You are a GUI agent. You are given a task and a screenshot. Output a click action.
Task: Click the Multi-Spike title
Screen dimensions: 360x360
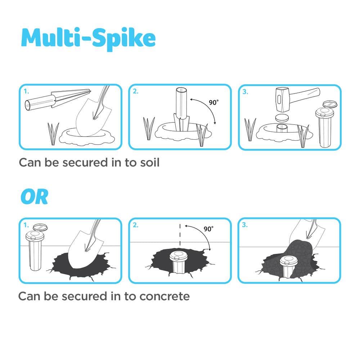88,39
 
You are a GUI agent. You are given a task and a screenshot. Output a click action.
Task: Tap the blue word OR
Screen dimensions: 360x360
35,197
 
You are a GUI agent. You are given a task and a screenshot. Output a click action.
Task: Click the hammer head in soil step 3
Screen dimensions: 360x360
282,99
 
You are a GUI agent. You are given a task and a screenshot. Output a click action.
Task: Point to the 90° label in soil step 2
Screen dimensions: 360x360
213,102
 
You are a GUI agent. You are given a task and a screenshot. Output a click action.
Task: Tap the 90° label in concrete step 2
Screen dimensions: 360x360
208,229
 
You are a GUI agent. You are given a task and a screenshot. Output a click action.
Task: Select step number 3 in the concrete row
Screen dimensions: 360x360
245,225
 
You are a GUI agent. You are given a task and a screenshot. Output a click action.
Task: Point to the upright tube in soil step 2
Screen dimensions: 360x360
181,109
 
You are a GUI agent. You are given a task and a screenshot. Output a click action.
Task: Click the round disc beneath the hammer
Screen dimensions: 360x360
282,118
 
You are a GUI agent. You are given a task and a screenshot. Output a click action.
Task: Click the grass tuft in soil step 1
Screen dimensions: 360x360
53,134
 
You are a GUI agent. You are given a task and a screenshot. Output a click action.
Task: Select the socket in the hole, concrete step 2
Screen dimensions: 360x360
177,262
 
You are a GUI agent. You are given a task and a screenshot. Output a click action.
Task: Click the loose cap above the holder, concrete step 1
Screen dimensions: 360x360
40,227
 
